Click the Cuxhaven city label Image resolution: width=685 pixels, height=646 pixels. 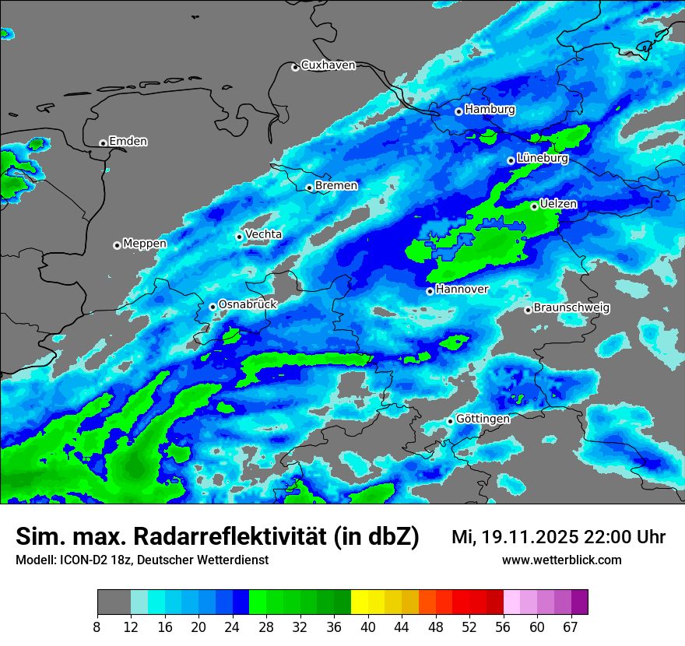click(x=328, y=65)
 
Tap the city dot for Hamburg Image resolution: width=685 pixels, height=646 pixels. click(x=458, y=111)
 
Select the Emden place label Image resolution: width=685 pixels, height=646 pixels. click(x=128, y=142)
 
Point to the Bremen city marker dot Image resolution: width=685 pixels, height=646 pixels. click(x=309, y=188)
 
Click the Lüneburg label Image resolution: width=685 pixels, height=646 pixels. click(x=542, y=159)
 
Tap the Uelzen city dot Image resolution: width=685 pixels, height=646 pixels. click(x=534, y=206)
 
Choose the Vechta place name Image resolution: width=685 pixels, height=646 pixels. click(x=264, y=234)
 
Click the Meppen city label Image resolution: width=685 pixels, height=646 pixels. click(x=145, y=244)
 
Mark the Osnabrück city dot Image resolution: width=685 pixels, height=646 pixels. click(x=213, y=307)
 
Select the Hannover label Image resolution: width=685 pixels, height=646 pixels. click(x=462, y=290)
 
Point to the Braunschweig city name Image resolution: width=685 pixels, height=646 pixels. click(x=571, y=308)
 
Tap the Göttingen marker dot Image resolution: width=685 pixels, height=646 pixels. click(x=450, y=421)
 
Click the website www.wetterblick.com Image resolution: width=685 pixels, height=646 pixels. click(x=562, y=560)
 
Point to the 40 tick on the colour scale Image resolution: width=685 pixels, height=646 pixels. click(x=368, y=627)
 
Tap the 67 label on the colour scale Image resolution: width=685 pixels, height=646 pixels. click(x=571, y=627)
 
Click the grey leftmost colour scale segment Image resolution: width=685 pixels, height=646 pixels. click(x=114, y=602)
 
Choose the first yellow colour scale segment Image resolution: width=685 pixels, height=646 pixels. click(x=360, y=602)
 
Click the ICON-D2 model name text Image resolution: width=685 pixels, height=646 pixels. click(x=81, y=560)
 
